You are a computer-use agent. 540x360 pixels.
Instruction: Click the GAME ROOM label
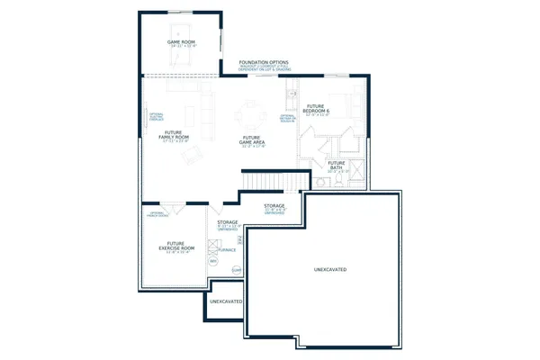tap(181, 42)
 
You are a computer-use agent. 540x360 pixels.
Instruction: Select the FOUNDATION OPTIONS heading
tap(264, 62)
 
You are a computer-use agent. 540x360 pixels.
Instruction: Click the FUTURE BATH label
tap(336, 165)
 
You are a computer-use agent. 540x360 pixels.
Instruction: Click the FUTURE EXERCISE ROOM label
tap(180, 247)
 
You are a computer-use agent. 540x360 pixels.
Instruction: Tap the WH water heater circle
tap(213, 262)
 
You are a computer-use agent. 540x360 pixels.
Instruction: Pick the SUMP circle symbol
tap(237, 270)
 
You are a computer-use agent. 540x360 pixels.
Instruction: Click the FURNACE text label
tap(227, 250)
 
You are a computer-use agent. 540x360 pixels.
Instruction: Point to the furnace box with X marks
tap(212, 246)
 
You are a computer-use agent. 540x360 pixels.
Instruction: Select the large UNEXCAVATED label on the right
tap(330, 269)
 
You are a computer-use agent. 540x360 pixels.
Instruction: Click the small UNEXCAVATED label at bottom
tap(226, 301)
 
